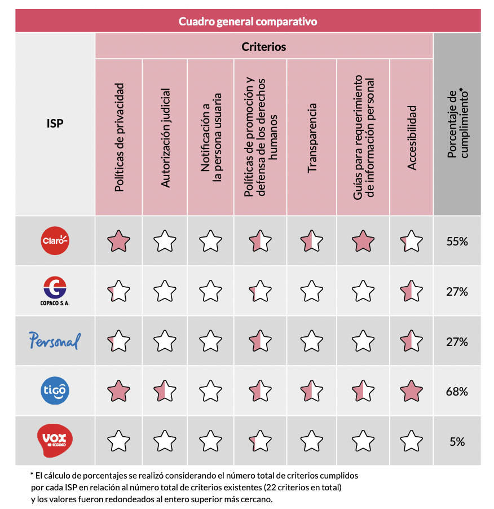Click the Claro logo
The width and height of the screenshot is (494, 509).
click(55, 241)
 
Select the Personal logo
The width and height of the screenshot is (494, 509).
click(55, 341)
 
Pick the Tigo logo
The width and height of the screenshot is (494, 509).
click(55, 390)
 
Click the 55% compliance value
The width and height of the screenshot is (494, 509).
click(457, 242)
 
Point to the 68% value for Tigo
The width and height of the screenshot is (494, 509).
click(457, 391)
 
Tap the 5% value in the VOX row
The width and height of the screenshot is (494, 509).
click(457, 441)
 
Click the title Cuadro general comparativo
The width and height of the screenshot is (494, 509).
click(248, 21)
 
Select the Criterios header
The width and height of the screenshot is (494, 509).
click(263, 46)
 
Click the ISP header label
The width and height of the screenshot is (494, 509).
click(55, 124)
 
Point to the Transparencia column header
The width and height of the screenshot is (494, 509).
click(312, 137)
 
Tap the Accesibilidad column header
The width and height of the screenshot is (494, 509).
click(412, 137)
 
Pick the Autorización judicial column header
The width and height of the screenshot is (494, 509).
click(165, 137)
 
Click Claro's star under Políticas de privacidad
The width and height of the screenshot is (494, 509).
click(118, 241)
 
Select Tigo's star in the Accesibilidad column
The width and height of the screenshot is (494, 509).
click(412, 391)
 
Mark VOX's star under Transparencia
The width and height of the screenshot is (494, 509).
click(312, 441)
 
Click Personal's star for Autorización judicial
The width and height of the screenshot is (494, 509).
click(165, 341)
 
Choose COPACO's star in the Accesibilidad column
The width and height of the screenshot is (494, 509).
click(412, 291)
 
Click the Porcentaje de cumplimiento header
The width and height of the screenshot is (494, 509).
click(457, 124)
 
